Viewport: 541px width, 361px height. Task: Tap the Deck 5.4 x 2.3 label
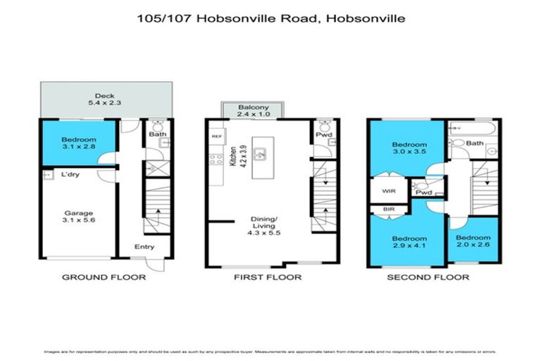tap(105, 101)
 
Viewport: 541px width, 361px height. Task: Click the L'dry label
tap(70, 175)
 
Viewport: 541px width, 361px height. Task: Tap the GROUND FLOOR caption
tap(104, 277)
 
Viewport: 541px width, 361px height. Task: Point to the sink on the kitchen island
tap(260, 152)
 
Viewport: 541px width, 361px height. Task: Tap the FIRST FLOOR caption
tap(268, 277)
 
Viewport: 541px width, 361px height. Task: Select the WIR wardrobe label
tap(389, 190)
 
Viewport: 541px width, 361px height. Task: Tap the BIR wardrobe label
tap(388, 209)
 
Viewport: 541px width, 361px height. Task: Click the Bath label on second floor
tap(475, 143)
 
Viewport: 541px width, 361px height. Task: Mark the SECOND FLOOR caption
tap(428, 277)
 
